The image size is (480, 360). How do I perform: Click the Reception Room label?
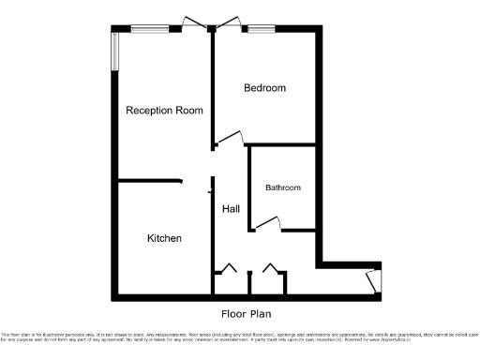(x=165, y=111)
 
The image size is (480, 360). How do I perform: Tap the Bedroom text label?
(x=264, y=88)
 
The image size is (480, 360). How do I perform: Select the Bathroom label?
(x=283, y=187)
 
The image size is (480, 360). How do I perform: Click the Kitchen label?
(x=164, y=238)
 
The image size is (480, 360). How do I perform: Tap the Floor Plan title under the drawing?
(x=247, y=313)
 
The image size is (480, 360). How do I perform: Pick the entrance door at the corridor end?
(x=373, y=279)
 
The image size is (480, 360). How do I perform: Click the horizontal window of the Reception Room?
(x=150, y=27)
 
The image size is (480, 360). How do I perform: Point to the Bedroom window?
(x=261, y=27)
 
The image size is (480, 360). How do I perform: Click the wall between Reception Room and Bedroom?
(x=214, y=84)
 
